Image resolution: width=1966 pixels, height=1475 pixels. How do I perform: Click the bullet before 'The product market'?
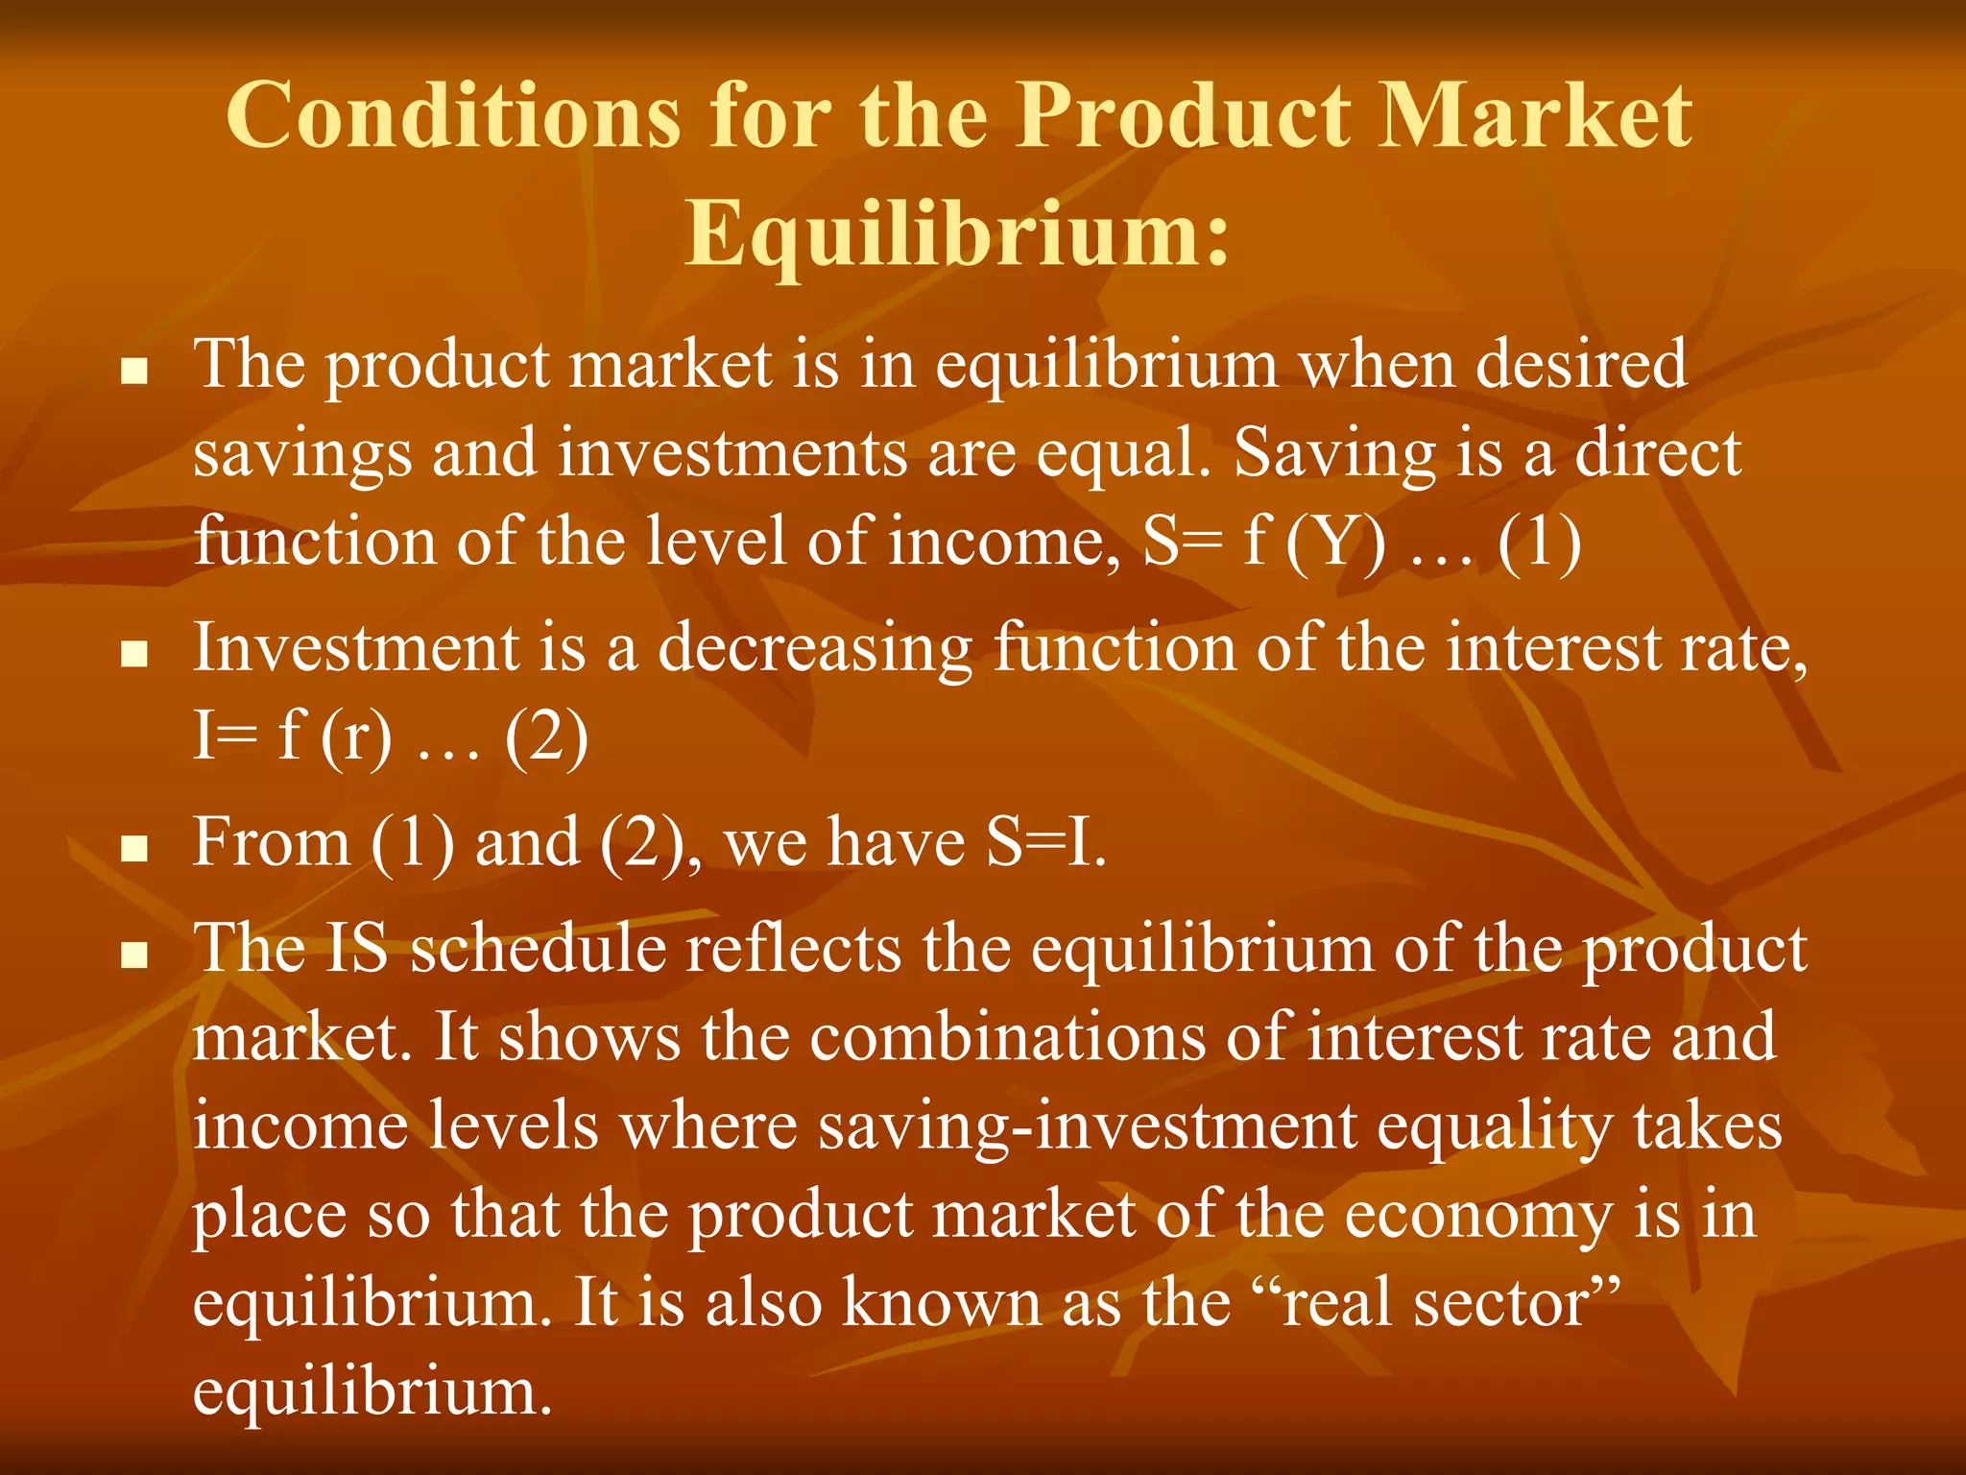pos(135,371)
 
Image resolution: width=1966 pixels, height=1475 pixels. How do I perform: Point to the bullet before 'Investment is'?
pos(135,655)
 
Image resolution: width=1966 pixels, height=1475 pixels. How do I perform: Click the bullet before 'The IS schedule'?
pos(135,955)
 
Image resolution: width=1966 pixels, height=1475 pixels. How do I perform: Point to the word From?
pos(272,843)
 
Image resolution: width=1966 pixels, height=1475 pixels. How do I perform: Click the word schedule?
pos(538,949)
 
